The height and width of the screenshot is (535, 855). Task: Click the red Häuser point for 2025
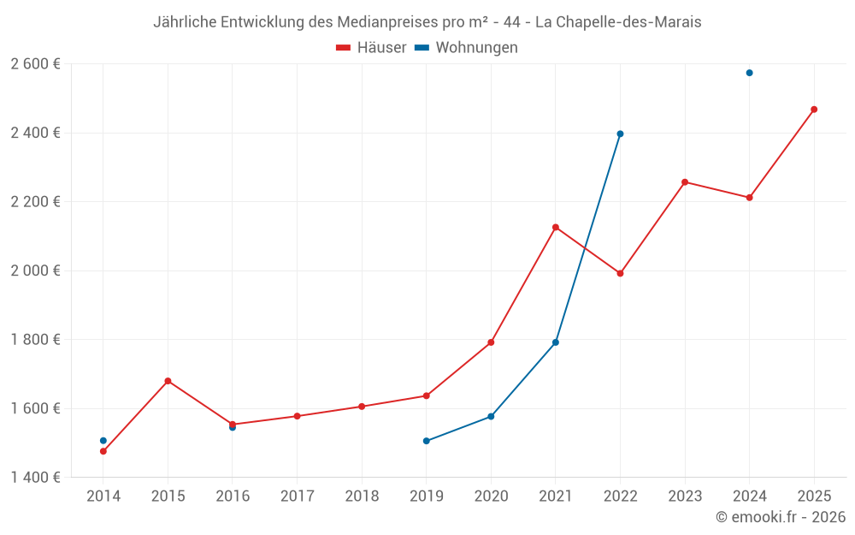[814, 110]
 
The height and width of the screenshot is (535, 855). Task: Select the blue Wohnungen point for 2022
[620, 134]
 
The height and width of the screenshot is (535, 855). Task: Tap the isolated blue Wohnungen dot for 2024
[749, 73]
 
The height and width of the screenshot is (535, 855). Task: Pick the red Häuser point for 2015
[168, 381]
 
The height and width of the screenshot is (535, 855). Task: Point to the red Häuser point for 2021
[556, 227]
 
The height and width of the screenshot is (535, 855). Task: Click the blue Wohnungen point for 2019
[427, 441]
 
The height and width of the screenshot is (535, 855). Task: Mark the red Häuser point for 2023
[685, 182]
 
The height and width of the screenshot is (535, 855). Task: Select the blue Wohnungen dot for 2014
[103, 441]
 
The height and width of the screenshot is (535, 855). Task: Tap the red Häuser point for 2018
[362, 407]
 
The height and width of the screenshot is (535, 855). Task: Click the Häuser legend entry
[372, 48]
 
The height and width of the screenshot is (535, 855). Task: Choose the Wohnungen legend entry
[467, 48]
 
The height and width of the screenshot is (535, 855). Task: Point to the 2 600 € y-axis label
[36, 64]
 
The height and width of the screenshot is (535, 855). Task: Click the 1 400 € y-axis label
[36, 477]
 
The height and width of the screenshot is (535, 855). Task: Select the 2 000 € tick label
[36, 270]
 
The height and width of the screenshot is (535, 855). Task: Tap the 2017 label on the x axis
[297, 496]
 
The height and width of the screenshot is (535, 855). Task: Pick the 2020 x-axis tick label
[491, 496]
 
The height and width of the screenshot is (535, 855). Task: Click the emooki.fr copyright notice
[781, 517]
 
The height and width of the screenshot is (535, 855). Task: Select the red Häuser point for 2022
[620, 273]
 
